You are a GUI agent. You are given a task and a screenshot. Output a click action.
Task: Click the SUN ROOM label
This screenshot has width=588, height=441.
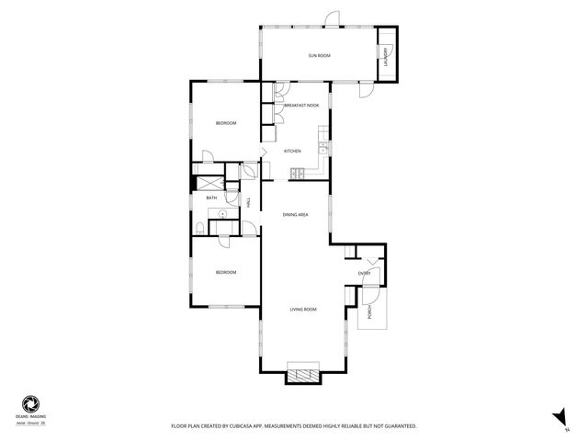(x=319, y=56)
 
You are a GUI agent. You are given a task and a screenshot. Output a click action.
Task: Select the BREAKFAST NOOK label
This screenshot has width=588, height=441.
(x=301, y=106)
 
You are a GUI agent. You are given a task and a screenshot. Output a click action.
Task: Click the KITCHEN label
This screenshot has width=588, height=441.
(x=292, y=151)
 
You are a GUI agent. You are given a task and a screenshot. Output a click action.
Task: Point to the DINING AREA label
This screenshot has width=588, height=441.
(x=295, y=214)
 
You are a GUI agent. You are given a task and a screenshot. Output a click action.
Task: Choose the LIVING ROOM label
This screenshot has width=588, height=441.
(x=303, y=309)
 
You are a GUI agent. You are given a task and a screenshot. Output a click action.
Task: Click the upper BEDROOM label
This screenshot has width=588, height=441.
(x=226, y=123)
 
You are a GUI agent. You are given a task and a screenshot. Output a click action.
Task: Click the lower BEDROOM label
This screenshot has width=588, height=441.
(x=226, y=272)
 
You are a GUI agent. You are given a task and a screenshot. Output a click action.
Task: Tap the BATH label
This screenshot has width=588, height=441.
(x=211, y=198)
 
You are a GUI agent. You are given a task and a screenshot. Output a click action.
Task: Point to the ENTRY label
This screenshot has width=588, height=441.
(x=365, y=273)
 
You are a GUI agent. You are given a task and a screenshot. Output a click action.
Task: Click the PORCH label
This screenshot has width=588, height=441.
(x=370, y=312)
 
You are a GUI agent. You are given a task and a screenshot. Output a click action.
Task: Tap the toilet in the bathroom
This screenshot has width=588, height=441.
(x=200, y=228)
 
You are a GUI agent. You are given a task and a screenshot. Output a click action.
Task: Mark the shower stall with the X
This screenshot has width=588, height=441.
(x=209, y=182)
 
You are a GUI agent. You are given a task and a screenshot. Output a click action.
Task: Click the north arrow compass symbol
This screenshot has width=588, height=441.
(x=556, y=416)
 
